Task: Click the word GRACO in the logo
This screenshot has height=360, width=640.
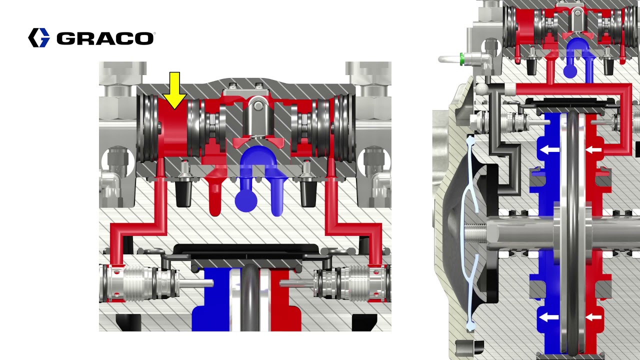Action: (x=105, y=38)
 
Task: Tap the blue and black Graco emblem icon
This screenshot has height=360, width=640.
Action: (x=39, y=38)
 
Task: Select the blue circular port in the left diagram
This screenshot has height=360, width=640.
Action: (x=246, y=200)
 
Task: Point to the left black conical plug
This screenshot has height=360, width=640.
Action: (x=184, y=192)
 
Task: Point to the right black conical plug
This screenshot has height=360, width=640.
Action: (x=307, y=192)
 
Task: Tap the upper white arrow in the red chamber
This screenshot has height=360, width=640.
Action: (x=593, y=149)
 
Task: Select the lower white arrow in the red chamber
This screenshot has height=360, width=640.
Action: (x=593, y=317)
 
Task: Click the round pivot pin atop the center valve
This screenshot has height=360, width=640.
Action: (x=257, y=105)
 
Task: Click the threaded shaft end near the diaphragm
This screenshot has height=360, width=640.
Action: (x=475, y=233)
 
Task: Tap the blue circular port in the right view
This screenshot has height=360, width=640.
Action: (x=570, y=71)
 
